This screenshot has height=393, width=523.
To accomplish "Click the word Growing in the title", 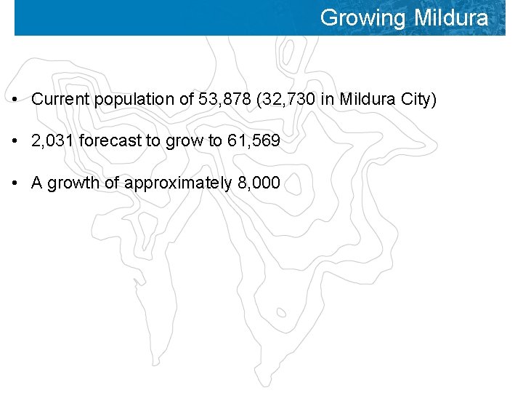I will pyautogui.click(x=364, y=17).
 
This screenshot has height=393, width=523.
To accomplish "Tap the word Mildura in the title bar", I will pyautogui.click(x=451, y=17).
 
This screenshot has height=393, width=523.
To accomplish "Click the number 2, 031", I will pyautogui.click(x=52, y=140).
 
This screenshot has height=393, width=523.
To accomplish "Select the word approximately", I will pyautogui.click(x=179, y=182).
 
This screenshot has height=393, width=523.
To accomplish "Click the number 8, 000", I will pyautogui.click(x=259, y=182).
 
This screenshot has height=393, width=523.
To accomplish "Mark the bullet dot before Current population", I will pyautogui.click(x=15, y=100).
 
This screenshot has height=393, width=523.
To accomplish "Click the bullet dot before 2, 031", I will pyautogui.click(x=15, y=141).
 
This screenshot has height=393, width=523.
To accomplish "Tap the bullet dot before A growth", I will pyautogui.click(x=15, y=183).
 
